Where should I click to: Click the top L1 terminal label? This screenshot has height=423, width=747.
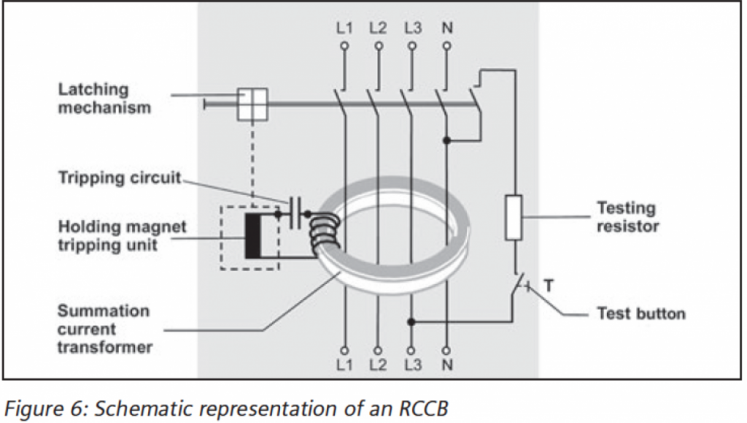(344, 29)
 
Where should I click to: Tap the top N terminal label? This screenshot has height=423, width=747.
(447, 29)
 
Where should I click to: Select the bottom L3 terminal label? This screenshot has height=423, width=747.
(413, 364)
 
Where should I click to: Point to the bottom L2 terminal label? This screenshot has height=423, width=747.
(378, 364)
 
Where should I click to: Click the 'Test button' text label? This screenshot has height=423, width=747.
(641, 314)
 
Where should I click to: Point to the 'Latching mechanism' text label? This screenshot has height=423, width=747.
(104, 99)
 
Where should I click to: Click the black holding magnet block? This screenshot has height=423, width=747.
(253, 235)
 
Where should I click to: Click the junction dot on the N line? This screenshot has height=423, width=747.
(447, 139)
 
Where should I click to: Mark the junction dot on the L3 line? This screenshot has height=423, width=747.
(413, 321)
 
